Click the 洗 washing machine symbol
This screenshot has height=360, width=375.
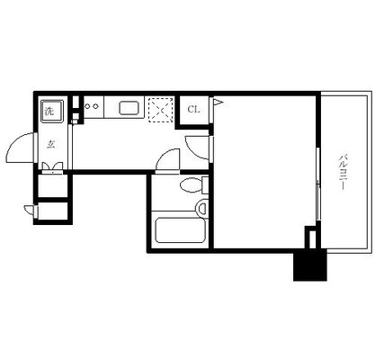pyautogui.click(x=52, y=111)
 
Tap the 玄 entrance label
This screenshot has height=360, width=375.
pyautogui.click(x=50, y=145)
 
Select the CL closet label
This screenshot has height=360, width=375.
pyautogui.click(x=193, y=110)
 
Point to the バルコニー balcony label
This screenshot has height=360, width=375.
pyautogui.click(x=343, y=172)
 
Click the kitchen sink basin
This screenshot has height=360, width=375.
pyautogui.click(x=129, y=108)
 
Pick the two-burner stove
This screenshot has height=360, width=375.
pyautogui.click(x=92, y=106)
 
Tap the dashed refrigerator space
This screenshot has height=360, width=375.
pyautogui.click(x=161, y=110)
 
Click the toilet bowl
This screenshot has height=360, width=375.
pyautogui.click(x=191, y=185)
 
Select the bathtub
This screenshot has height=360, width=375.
pyautogui.click(x=180, y=229)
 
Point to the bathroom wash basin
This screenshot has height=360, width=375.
pyautogui.click(x=201, y=207)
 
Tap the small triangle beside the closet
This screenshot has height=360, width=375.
pyautogui.click(x=218, y=103)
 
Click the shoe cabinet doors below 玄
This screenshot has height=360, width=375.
pyautogui.click(x=52, y=168)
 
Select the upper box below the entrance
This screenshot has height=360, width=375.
pyautogui.click(x=52, y=186)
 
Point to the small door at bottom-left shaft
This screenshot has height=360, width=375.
pyautogui.click(x=30, y=210)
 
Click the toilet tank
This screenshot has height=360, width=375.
pyautogui.click(x=205, y=185)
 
